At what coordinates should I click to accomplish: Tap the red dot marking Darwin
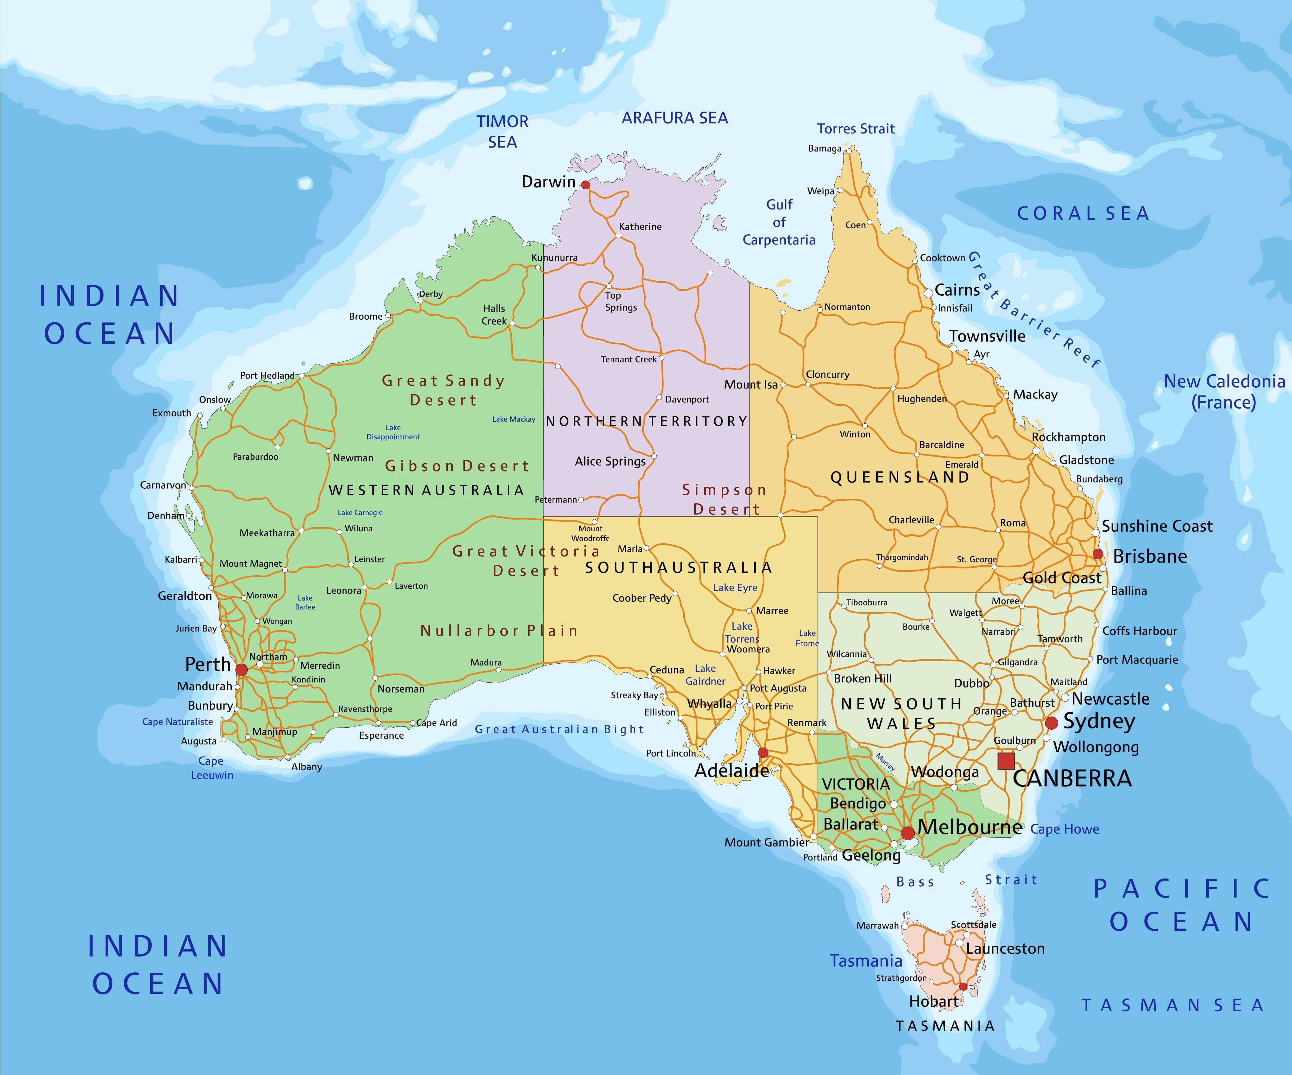[585, 185]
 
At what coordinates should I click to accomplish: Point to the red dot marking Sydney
[1051, 722]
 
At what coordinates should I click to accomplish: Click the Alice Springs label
[610, 461]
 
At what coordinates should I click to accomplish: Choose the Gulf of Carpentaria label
[779, 222]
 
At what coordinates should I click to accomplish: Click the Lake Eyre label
[735, 588]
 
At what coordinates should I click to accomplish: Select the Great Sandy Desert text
[443, 390]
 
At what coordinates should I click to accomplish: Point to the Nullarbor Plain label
[499, 631]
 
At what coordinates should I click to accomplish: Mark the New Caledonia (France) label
[1224, 391]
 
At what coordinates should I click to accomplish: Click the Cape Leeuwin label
[212, 768]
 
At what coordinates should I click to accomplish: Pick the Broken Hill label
[863, 678]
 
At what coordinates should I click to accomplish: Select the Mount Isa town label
[751, 385]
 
